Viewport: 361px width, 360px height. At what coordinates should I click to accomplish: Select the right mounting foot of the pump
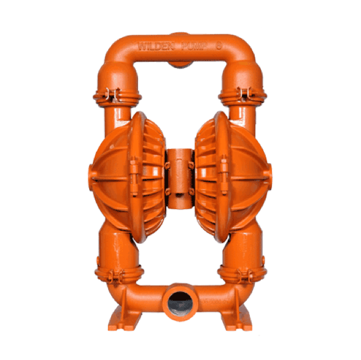coord(237,320)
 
